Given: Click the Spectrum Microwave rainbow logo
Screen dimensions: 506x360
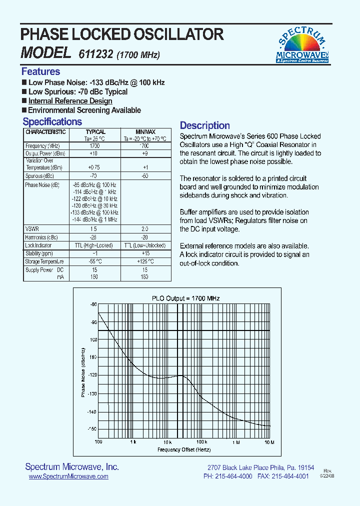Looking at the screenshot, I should pos(302,45).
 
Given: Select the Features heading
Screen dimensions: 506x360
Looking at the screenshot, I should pos(40,71).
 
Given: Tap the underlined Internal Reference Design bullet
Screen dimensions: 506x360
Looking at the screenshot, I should pos(70,101).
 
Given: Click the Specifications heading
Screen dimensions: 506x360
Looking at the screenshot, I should pos(52,121).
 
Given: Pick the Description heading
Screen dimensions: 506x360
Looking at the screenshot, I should pos(204,125).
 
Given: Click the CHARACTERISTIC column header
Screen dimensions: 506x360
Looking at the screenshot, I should pos(45,132).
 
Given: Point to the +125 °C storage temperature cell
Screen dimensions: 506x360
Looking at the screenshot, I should pos(145,261).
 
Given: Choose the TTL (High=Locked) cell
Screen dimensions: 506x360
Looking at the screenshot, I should pos(94,245).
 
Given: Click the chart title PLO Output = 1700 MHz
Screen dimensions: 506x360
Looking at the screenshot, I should pos(186,298).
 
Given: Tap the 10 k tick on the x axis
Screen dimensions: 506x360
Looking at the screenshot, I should pos(167,442).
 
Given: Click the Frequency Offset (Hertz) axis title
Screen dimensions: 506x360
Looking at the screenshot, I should pos(184,450).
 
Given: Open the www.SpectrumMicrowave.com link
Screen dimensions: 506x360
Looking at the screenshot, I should pos(68,477).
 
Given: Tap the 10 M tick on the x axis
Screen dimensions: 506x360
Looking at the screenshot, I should pos(269,442).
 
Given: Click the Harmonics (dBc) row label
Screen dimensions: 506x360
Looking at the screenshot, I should pos(42,237).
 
